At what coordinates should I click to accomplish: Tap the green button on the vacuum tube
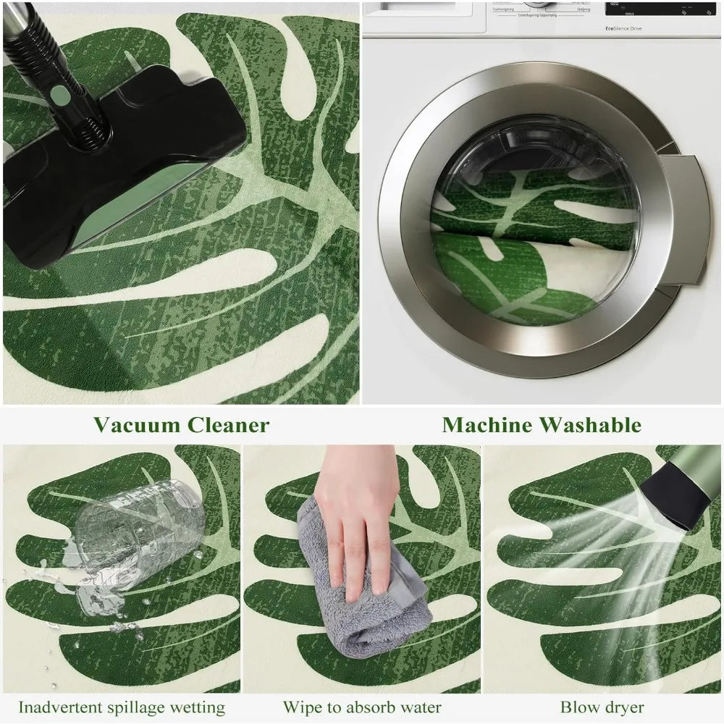point(60,94)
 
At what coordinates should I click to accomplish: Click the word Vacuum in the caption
point(138,424)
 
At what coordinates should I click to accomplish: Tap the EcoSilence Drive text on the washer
point(613,28)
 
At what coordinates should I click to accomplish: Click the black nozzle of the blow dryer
point(677,500)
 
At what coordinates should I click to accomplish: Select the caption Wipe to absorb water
point(362,707)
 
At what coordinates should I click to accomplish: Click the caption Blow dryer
point(602,707)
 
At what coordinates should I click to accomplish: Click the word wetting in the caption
point(201,707)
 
